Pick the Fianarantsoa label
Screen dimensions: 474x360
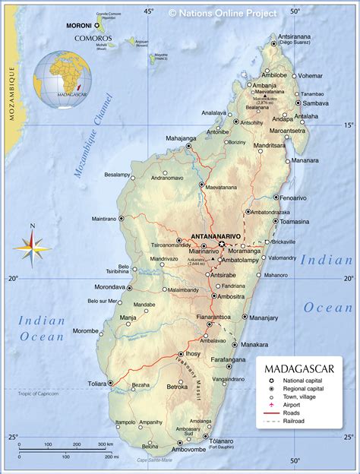210,316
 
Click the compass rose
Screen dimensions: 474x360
31,245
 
